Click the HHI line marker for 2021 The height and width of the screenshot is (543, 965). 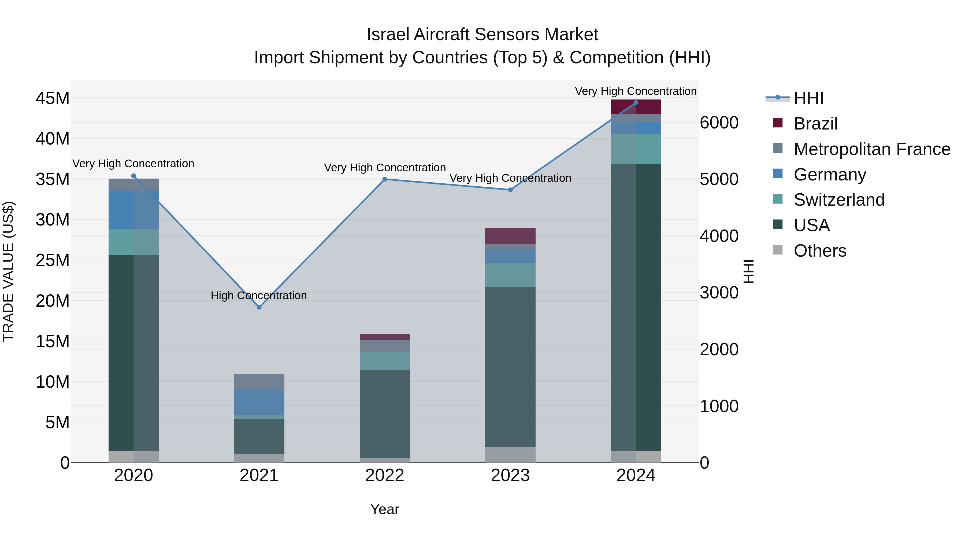point(259,307)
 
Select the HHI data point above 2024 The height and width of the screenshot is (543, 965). point(636,103)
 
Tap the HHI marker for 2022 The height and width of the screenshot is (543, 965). point(385,179)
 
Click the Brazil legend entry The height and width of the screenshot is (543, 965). point(815,124)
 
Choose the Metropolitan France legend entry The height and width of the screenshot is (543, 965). point(872,149)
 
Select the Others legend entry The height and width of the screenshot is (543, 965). point(820,250)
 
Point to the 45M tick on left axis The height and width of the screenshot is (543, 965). point(53,98)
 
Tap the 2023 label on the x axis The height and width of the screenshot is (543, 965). point(510,475)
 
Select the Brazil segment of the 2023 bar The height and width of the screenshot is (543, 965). point(510,236)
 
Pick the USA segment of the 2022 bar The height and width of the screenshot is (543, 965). point(385,414)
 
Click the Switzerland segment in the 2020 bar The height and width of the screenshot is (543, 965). point(133,242)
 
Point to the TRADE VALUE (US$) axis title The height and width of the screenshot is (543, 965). point(8,271)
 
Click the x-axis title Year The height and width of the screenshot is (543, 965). point(385,509)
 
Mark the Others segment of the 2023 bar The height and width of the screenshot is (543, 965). point(510,454)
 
